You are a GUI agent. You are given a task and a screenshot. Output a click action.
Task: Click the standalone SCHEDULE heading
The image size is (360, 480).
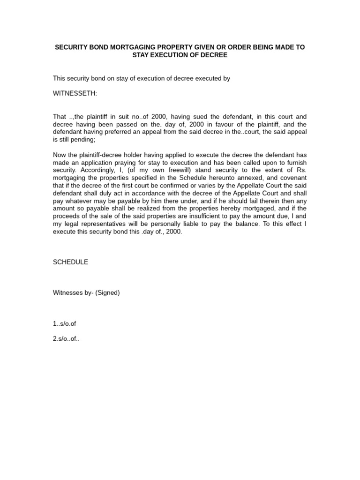coord(70,262)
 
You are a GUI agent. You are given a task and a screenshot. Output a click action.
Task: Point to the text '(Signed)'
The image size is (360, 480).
coord(108,292)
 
